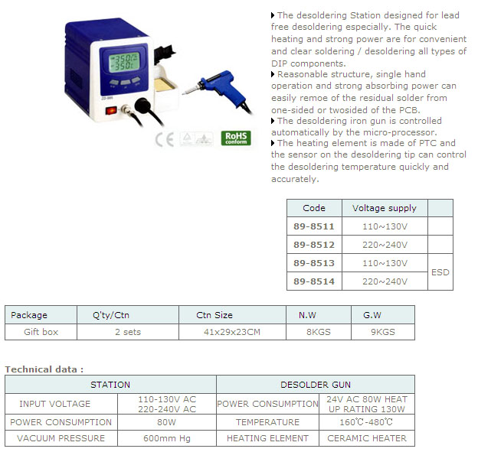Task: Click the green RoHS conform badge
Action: point(236,138)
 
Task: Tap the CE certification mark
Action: point(164,140)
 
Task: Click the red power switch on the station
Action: point(111,110)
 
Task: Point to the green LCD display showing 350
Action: point(124,63)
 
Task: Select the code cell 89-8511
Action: point(314,226)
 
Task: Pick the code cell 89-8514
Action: point(314,281)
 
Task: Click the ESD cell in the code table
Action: point(440,272)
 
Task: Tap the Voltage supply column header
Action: point(385,208)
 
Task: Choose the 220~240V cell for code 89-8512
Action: point(385,245)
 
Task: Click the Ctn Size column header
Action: point(214,315)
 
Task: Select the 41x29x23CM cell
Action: point(232,332)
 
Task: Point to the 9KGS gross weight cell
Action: point(382,332)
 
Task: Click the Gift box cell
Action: point(41,332)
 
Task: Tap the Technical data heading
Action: point(44,369)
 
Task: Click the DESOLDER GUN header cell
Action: point(316,385)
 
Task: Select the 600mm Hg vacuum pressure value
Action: point(167,438)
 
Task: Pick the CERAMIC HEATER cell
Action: point(367,438)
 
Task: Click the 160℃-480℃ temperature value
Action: point(366,422)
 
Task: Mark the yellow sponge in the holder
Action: point(165,84)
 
